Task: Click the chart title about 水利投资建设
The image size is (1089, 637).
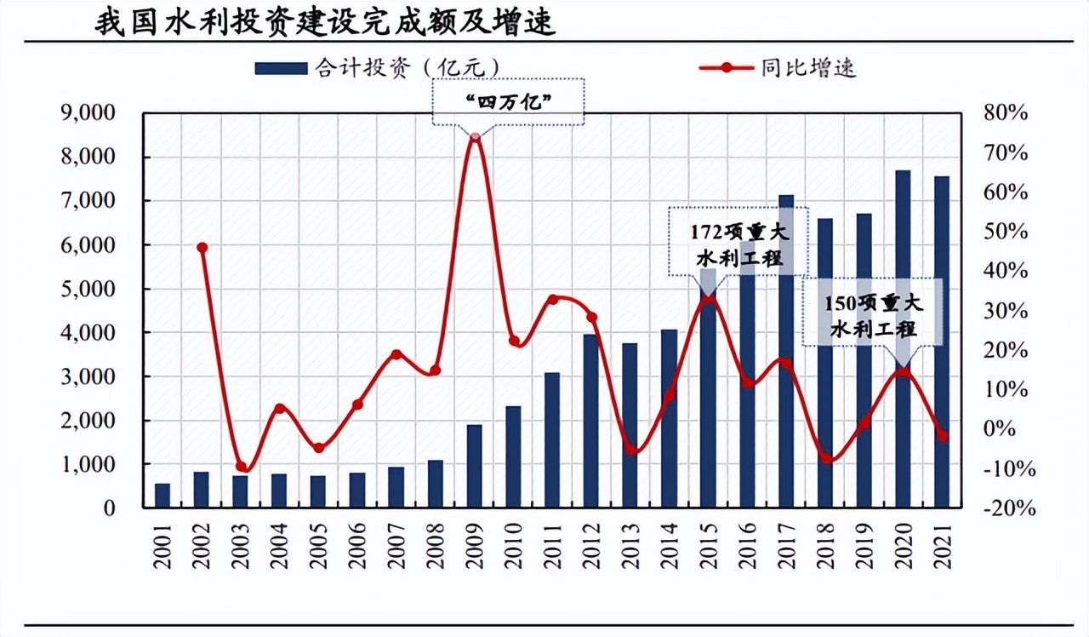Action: pos(325,21)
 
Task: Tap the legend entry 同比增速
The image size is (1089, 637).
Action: pos(777,68)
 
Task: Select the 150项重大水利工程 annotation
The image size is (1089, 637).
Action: pos(873,315)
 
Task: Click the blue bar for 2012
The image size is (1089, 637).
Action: pos(591,422)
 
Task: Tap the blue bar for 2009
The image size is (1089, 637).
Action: pos(475,466)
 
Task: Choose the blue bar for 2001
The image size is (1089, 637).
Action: pos(162,496)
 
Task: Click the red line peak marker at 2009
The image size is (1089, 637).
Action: pos(475,136)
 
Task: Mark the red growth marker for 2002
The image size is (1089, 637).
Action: pos(202,248)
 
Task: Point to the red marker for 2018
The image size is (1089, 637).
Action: pos(825,458)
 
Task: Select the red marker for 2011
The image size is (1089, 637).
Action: pos(552,299)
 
